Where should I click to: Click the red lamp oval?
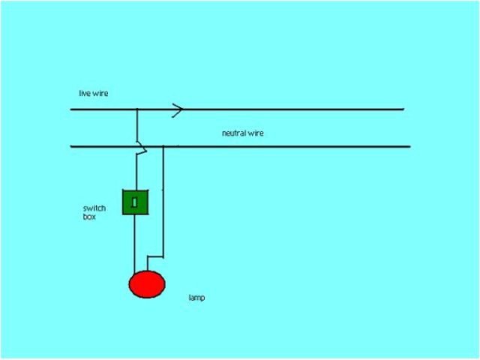pos(146,284)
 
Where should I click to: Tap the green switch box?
pos(136,202)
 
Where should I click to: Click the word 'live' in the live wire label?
pos(84,94)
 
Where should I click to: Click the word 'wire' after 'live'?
pos(100,94)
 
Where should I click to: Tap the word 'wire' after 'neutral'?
pos(256,133)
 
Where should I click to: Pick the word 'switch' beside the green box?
pos(93,208)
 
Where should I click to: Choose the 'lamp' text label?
pos(196,298)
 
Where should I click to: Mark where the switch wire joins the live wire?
pos(136,110)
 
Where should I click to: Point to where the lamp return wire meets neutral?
pos(163,146)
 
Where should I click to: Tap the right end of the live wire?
pos(403,109)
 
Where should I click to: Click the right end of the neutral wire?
pos(409,146)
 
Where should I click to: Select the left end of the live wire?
pos(72,110)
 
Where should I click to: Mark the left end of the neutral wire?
pos(72,146)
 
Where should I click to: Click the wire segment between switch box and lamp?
pos(135,244)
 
